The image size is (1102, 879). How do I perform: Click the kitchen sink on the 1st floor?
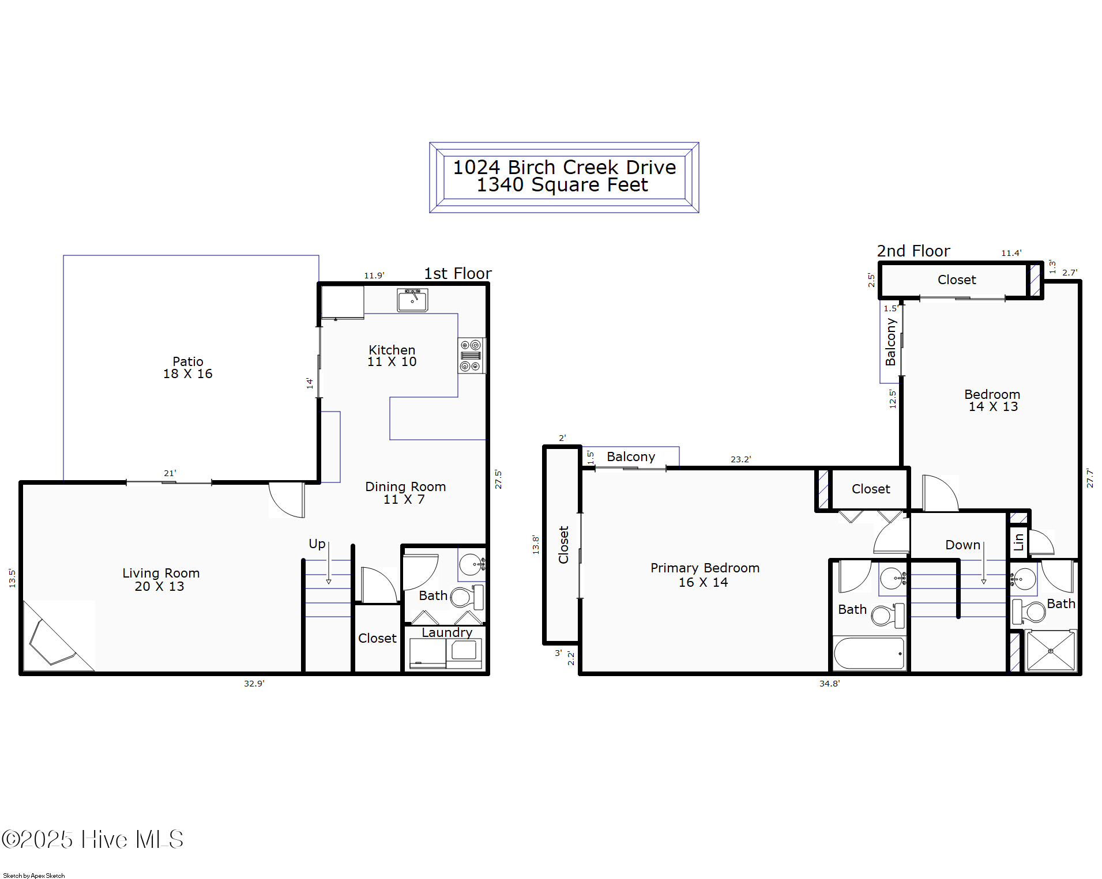412,300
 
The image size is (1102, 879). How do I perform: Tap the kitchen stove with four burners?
472,355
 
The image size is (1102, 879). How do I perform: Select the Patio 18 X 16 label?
188,368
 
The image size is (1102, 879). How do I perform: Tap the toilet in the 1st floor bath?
467,597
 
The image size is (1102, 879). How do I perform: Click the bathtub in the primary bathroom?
869,653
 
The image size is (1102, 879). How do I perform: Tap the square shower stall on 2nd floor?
1051,651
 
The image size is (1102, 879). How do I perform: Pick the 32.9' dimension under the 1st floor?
254,684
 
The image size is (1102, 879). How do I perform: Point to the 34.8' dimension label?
829,684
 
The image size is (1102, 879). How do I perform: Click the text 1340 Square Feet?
562,184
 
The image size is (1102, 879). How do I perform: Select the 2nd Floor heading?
913,251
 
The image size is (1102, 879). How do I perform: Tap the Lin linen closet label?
1019,542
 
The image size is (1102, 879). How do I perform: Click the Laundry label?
447,632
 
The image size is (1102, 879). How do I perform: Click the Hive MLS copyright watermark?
92,839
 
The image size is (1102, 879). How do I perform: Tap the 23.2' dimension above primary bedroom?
740,459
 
